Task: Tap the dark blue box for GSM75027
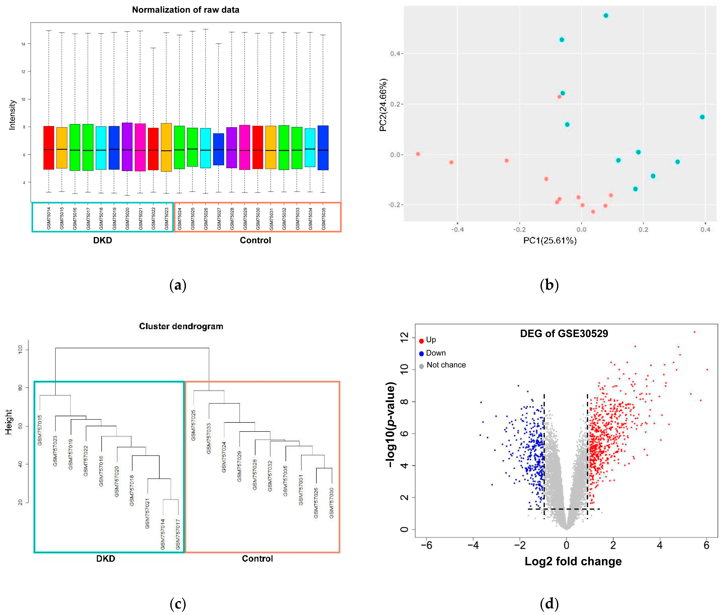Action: (x=219, y=149)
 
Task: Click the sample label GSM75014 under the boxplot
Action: (x=49, y=218)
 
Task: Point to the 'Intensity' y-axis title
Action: (x=12, y=115)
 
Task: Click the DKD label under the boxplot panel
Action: (x=102, y=240)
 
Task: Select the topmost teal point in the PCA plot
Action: (x=606, y=15)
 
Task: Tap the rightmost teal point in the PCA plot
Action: (x=702, y=117)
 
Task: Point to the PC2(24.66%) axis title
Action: (x=383, y=105)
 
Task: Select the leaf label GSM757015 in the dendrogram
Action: (x=40, y=430)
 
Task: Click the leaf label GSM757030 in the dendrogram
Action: (x=331, y=503)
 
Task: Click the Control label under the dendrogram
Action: (x=257, y=558)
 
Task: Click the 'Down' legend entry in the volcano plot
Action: (x=435, y=353)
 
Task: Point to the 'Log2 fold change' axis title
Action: (x=573, y=561)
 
